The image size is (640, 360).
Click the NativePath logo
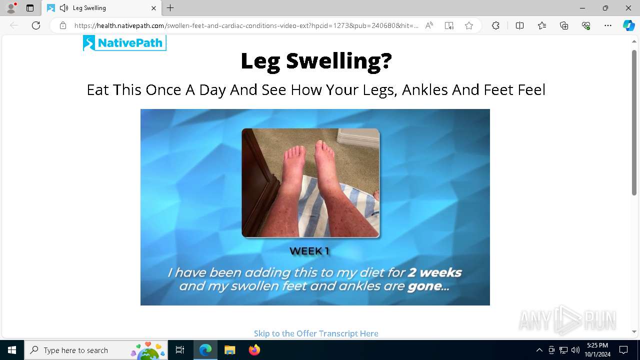tap(124, 43)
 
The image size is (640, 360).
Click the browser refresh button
tap(36, 25)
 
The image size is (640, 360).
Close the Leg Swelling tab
tap(153, 8)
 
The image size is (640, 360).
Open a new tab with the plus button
tap(170, 8)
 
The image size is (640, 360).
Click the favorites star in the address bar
tap(469, 25)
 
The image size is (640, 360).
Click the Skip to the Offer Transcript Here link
tap(316, 333)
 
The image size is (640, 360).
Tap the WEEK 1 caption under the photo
tap(309, 251)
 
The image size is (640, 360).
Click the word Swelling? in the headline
tap(339, 61)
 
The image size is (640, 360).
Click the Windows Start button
tap(12, 350)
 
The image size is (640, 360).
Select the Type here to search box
tap(96, 350)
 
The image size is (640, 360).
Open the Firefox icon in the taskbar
tap(254, 350)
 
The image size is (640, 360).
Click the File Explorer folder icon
tap(229, 350)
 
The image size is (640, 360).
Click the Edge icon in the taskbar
tap(205, 350)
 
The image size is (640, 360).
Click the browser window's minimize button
tap(582, 8)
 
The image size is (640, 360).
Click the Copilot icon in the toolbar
tap(628, 25)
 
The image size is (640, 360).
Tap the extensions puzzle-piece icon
tap(495, 25)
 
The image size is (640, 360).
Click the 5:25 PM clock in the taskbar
tap(597, 345)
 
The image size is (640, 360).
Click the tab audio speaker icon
tap(63, 8)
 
